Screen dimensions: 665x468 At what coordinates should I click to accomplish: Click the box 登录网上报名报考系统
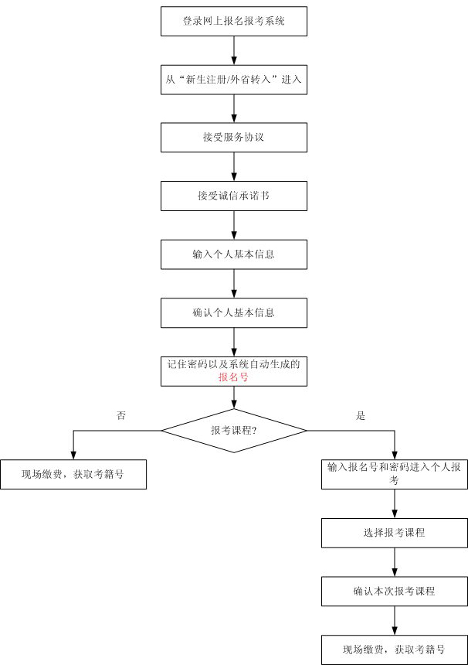[234, 21]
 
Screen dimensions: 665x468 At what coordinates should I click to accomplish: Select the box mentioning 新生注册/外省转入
[234, 79]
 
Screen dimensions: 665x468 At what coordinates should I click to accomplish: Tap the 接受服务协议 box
[234, 137]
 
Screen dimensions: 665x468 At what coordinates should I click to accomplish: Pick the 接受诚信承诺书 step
[234, 196]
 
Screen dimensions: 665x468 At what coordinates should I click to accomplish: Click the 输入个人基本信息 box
[234, 254]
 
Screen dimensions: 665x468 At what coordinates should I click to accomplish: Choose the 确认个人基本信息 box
[234, 312]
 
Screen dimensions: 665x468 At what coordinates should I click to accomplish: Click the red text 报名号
[233, 378]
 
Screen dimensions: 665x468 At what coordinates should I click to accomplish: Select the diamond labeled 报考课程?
[234, 430]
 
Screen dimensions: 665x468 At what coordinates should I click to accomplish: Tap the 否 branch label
[120, 415]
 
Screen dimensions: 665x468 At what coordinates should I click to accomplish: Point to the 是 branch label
[360, 415]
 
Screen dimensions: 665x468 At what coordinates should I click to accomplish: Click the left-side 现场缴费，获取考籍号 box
[73, 474]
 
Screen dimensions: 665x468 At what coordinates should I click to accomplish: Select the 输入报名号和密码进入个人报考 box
[395, 473]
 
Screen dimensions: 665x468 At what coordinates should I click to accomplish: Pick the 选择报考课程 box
[395, 532]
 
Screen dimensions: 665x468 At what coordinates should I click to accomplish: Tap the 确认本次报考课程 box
[395, 591]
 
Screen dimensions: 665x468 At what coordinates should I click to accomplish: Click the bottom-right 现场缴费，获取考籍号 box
[395, 649]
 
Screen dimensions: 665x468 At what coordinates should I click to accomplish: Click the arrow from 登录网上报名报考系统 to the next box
[234, 50]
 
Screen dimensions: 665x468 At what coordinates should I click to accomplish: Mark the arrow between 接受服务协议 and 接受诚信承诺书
[234, 166]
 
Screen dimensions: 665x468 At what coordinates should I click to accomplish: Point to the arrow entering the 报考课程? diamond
[234, 397]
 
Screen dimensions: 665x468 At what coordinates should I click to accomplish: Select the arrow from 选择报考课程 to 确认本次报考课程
[395, 561]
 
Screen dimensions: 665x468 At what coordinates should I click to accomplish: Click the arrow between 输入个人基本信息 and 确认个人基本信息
[234, 283]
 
